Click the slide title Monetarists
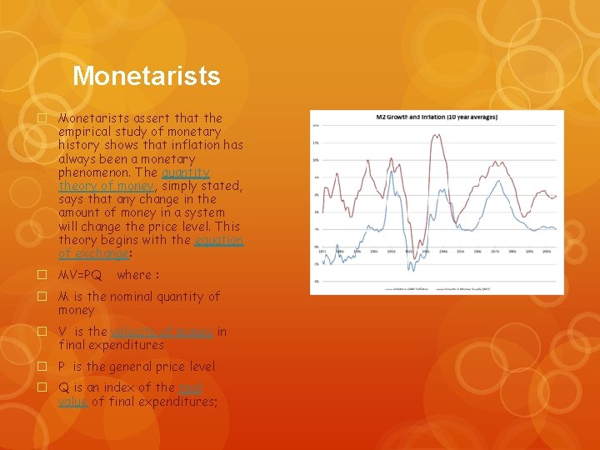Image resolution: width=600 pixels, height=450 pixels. coord(146,76)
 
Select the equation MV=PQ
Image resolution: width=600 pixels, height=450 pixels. coord(80,275)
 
